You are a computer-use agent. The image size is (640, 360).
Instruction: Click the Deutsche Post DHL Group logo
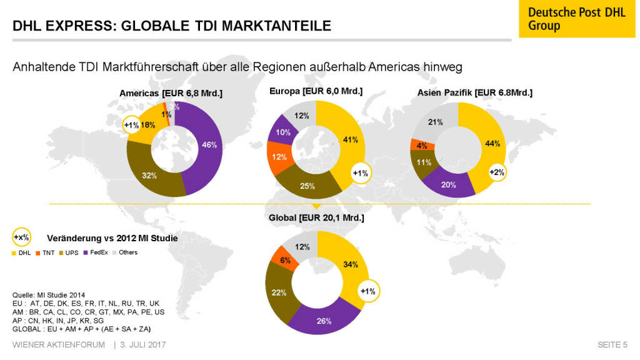[x=572, y=19]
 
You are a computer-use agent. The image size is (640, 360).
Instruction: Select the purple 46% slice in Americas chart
[x=209, y=146]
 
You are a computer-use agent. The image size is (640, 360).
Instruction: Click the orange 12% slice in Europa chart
[x=279, y=157]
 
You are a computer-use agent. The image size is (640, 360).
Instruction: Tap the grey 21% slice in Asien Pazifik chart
[x=435, y=122]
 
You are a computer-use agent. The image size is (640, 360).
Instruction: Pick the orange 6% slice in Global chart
[x=284, y=259]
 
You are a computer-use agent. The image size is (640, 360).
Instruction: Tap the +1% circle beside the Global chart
[x=368, y=291]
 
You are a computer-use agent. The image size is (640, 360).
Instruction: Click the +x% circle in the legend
[x=22, y=237]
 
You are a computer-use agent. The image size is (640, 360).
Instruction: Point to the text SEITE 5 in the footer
[x=612, y=345]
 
